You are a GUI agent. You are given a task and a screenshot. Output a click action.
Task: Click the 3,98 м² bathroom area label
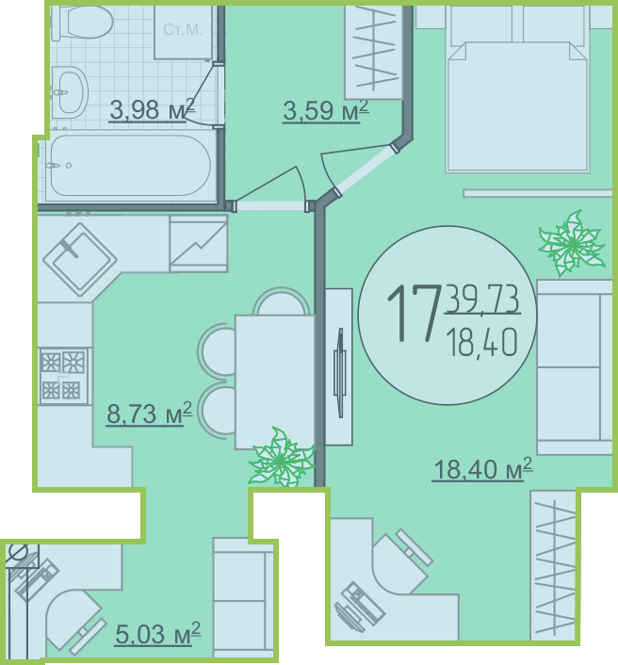152,109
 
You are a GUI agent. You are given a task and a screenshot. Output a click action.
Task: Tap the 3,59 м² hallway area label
325,111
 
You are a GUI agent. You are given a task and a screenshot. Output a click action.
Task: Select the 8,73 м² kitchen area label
149,414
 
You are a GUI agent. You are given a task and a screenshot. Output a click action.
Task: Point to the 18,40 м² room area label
482,469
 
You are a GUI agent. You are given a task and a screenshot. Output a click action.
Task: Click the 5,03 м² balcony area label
157,634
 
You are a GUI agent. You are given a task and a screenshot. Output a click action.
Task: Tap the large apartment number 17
413,314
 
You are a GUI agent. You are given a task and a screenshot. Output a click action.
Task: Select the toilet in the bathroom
83,22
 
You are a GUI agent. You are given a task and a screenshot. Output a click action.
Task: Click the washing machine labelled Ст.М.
183,32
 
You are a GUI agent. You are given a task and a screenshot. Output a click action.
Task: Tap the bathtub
130,166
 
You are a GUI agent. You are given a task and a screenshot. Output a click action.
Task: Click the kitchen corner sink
79,259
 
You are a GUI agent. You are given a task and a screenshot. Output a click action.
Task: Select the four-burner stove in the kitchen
64,376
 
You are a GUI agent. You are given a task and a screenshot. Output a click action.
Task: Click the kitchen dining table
275,381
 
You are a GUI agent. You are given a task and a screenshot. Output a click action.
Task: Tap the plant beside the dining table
282,457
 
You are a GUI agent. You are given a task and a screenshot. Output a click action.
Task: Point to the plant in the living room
571,243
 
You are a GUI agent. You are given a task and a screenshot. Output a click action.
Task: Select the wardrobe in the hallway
373,52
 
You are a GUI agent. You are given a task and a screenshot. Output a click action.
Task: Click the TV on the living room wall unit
340,373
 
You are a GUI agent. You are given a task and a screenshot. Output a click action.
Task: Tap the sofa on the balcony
243,601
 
